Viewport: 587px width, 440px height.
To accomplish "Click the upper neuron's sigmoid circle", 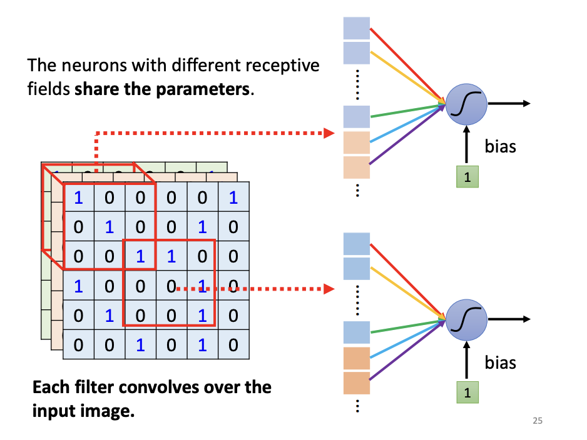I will (466, 104).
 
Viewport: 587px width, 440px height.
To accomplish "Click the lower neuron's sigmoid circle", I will (466, 319).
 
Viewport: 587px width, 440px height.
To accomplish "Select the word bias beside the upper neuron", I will (501, 147).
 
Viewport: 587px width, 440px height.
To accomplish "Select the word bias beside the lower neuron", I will (501, 362).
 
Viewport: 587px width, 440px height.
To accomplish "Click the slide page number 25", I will (538, 421).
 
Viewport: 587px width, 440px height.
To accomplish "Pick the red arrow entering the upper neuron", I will (407, 62).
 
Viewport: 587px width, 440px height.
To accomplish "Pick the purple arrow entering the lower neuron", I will (407, 357).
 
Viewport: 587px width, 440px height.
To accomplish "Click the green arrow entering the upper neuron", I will (407, 111).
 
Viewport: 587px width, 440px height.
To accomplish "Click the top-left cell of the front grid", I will (79, 197).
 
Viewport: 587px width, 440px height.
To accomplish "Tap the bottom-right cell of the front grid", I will (233, 344).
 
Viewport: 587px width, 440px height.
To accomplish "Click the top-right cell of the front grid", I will (233, 197).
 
